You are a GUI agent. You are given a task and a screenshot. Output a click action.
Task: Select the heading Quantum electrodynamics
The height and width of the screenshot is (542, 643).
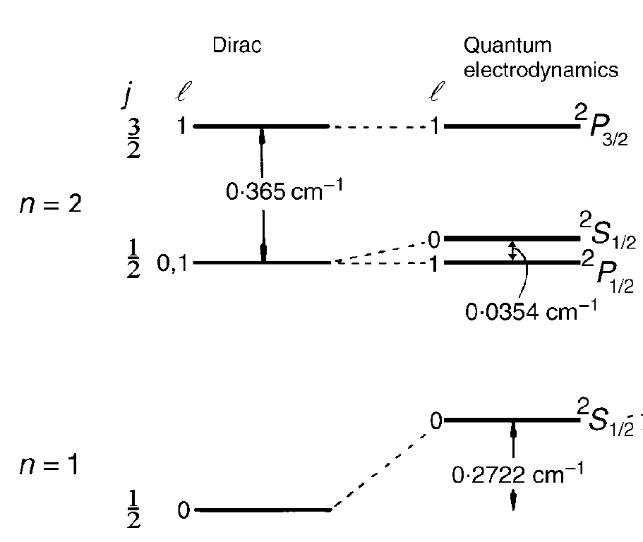pos(541,58)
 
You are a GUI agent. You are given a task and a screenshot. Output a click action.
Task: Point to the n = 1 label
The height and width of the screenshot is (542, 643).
pos(49,466)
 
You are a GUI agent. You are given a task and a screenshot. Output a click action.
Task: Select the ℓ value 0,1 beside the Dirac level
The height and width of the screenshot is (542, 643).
pos(176,264)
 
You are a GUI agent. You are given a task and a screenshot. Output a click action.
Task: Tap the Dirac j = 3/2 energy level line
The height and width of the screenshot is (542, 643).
pos(261,127)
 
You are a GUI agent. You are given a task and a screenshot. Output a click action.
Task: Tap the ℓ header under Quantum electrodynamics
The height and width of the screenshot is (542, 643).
pos(439,92)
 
